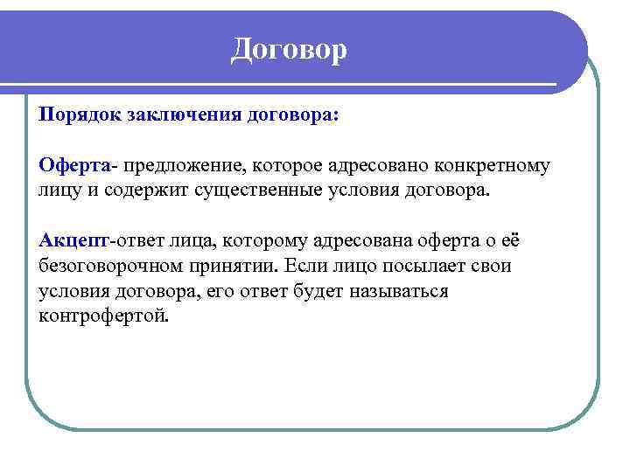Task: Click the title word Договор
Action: pyautogui.click(x=289, y=49)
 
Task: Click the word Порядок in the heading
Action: pyautogui.click(x=80, y=115)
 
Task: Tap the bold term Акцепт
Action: pyautogui.click(x=73, y=240)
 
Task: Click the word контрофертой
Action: pyautogui.click(x=101, y=315)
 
